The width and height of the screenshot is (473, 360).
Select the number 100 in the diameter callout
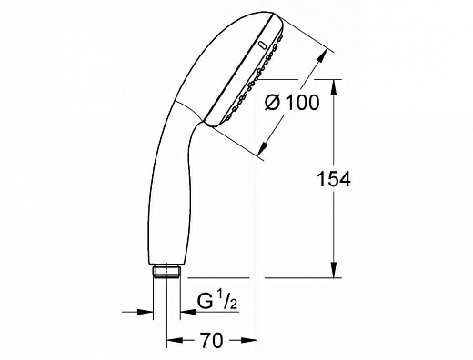[300, 103]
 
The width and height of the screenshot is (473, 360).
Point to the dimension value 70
[211, 341]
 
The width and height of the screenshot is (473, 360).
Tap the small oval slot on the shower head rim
[263, 43]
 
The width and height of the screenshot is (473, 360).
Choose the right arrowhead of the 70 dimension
[253, 342]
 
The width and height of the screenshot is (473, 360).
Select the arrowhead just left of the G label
[186, 314]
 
